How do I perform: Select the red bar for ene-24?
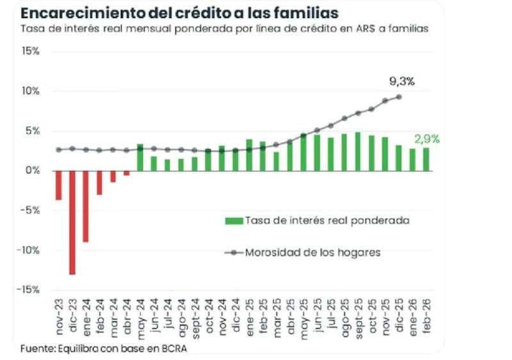86,206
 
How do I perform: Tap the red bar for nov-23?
58,185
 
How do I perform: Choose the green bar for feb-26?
426,159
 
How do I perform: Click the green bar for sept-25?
357,152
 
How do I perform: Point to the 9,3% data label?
402,81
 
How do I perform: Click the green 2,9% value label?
427,139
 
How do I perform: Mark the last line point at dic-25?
399,97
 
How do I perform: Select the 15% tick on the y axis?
31,51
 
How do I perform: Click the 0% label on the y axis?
33,170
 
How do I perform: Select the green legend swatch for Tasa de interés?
234,221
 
